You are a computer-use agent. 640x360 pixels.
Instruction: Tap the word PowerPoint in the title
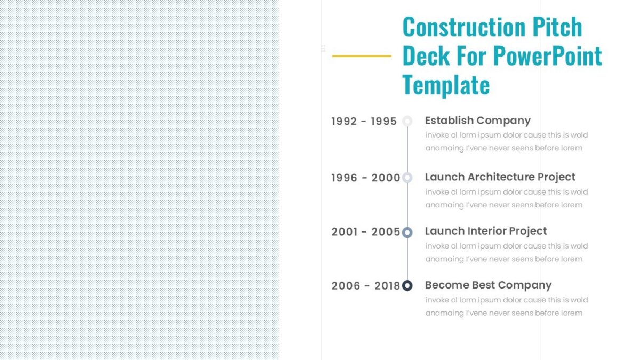[x=548, y=55]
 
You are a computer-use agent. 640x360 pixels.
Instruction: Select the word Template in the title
[x=446, y=84]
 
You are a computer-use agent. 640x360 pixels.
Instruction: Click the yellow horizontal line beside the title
[x=362, y=55]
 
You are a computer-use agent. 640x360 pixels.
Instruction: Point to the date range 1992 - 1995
[x=364, y=122]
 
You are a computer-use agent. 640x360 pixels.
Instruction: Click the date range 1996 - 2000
[x=365, y=178]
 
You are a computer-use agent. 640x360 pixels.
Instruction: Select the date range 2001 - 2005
[x=365, y=232]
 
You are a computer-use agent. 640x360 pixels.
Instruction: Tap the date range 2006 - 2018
[x=365, y=286]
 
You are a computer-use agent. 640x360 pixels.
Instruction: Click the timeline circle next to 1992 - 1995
[x=407, y=121]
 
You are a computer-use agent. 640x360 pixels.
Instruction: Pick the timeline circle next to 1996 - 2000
[x=407, y=178]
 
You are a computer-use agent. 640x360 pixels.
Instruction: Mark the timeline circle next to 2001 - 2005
[x=407, y=232]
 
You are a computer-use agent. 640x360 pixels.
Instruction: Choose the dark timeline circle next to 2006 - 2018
[x=407, y=286]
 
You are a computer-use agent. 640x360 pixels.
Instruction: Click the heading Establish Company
[x=477, y=121]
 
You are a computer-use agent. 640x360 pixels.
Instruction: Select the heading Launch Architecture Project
[x=500, y=177]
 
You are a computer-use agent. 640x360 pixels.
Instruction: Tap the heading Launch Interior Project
[x=485, y=231]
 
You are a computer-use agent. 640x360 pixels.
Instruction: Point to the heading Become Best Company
[x=488, y=285]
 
